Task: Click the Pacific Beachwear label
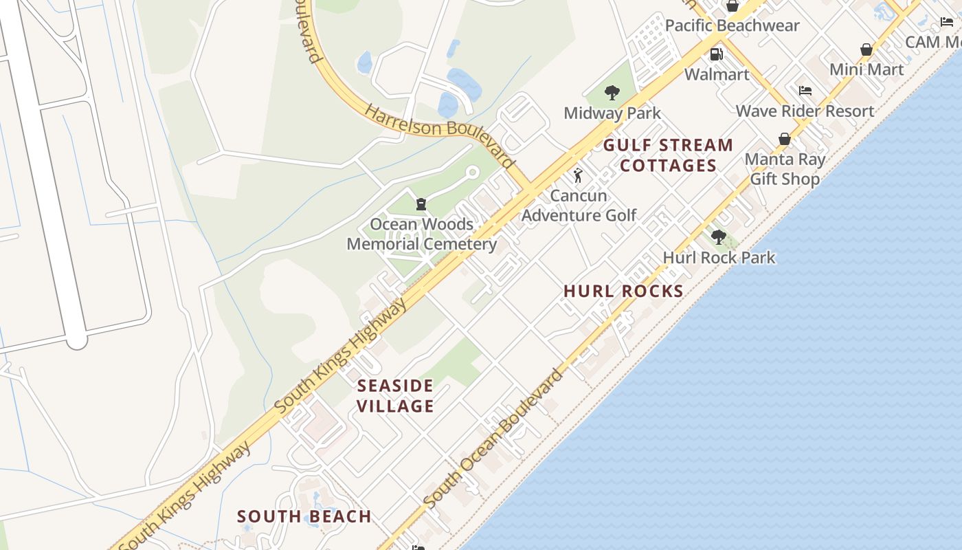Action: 732,26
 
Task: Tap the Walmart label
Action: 717,74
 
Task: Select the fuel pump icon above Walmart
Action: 716,54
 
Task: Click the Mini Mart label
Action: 866,69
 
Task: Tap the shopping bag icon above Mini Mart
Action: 866,49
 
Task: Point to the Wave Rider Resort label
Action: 805,111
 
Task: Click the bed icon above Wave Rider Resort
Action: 805,91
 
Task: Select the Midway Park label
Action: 612,113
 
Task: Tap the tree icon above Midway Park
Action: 612,93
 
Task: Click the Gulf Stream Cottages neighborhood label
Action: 669,155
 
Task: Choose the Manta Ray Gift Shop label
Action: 785,169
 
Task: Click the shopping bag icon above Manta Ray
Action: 784,140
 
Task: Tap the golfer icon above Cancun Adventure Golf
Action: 579,175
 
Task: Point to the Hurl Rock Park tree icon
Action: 719,238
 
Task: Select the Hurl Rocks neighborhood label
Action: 623,291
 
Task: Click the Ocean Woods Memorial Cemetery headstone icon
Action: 421,204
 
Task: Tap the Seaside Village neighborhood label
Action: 396,395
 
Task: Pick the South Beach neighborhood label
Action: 304,516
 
